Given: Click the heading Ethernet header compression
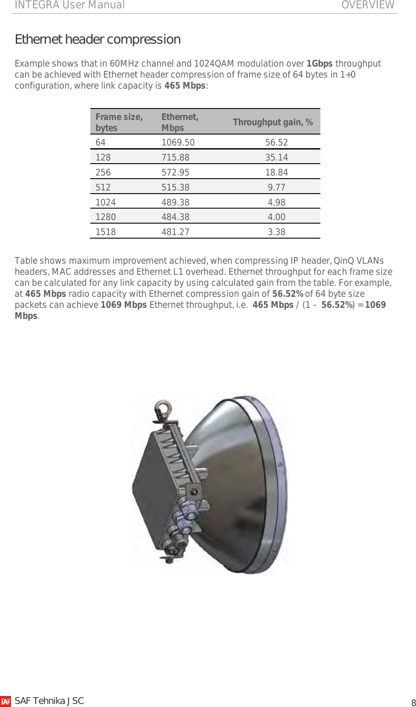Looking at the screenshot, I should point(97,39).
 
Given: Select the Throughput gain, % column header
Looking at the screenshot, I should point(273,122).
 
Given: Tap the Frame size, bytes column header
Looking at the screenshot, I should point(119,122).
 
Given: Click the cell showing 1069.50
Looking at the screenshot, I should point(178,142).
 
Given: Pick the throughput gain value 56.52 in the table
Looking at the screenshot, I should point(276,142).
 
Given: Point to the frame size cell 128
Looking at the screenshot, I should point(103,157).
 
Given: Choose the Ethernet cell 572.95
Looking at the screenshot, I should point(175,172).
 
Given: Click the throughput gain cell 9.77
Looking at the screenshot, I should point(276,187).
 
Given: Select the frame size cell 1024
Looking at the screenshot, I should point(106,202).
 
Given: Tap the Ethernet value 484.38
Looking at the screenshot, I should point(175,217).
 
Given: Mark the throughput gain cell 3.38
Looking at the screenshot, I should point(276,232).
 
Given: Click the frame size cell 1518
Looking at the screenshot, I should point(106,232).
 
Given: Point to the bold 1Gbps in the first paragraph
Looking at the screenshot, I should point(319,64).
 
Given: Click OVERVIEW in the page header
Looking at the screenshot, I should point(368,5).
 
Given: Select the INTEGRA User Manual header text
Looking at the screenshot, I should point(70,5).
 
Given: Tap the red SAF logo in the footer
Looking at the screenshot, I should point(6,701).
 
